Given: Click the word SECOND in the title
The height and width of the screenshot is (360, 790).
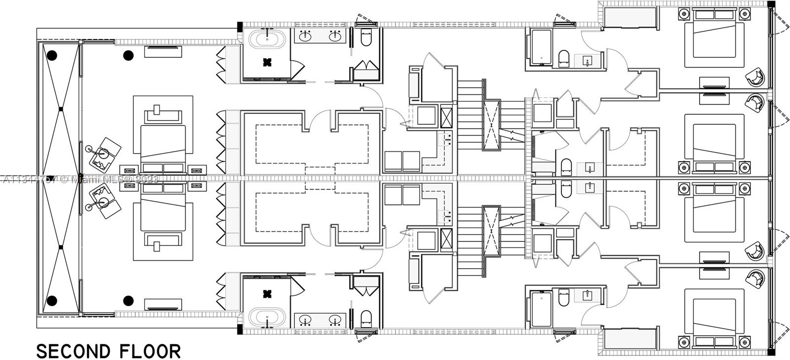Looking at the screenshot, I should (x=73, y=351).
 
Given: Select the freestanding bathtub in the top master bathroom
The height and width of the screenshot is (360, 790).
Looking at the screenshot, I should (x=267, y=40).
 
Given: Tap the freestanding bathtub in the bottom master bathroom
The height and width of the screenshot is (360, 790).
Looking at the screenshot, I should (x=267, y=318).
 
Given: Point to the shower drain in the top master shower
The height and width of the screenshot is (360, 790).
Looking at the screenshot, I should (x=267, y=62).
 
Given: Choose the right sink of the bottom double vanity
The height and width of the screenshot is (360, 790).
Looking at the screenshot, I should (x=337, y=320).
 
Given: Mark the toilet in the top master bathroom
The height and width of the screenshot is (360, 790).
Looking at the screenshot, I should (x=366, y=38).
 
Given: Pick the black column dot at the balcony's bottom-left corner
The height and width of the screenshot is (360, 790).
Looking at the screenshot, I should (x=52, y=300).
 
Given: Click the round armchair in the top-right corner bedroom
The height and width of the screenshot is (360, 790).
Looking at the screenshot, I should (x=755, y=77).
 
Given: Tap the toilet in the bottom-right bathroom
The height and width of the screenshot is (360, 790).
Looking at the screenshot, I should (x=564, y=298).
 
